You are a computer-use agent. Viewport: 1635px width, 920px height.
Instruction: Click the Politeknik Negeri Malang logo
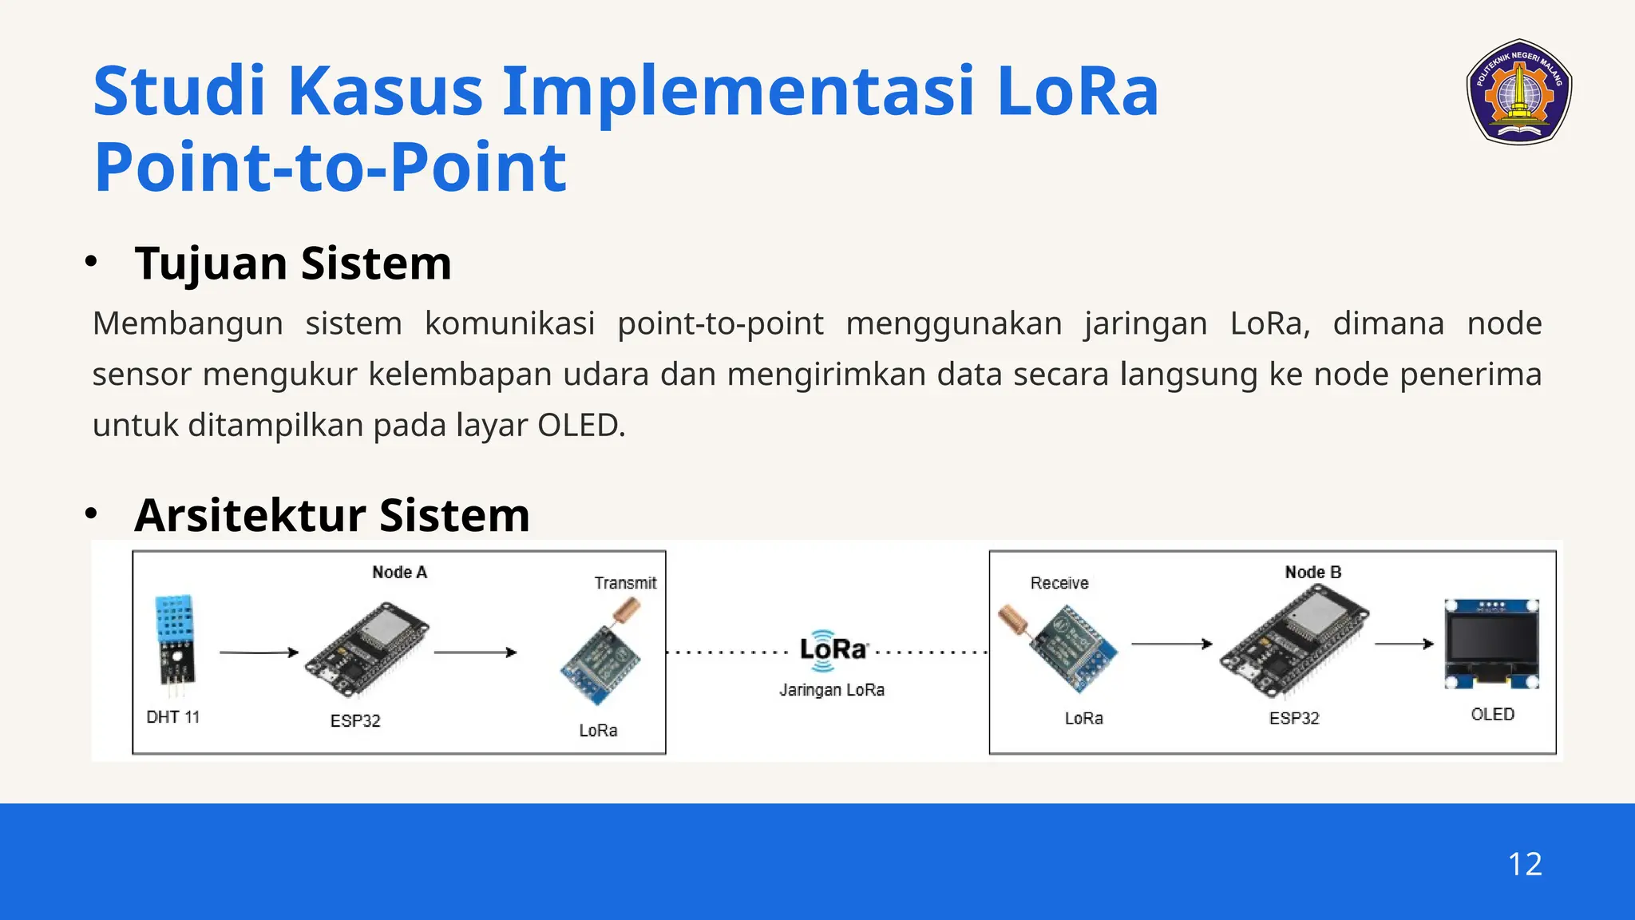click(1519, 92)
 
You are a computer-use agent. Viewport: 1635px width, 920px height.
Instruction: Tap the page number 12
click(1524, 864)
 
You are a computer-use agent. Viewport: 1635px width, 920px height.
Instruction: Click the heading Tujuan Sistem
click(293, 263)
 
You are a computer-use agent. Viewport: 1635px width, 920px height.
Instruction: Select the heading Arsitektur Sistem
click(332, 515)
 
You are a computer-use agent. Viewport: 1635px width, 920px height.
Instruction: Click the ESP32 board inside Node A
click(366, 649)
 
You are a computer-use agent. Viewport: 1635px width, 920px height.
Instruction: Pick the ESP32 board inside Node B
click(1293, 641)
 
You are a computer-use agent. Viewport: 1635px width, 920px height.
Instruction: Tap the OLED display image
click(1491, 644)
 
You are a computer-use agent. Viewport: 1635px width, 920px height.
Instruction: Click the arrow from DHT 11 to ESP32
click(258, 652)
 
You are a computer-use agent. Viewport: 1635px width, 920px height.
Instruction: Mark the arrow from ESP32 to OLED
click(1403, 644)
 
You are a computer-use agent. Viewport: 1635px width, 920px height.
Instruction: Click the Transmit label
click(625, 583)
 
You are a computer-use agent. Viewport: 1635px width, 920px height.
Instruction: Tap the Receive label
click(1059, 583)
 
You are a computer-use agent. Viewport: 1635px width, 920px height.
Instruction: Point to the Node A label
click(399, 572)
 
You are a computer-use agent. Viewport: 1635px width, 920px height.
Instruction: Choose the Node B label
click(1312, 572)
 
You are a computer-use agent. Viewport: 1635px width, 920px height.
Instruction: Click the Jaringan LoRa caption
click(832, 690)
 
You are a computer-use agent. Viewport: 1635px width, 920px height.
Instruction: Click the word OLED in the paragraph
click(578, 426)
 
